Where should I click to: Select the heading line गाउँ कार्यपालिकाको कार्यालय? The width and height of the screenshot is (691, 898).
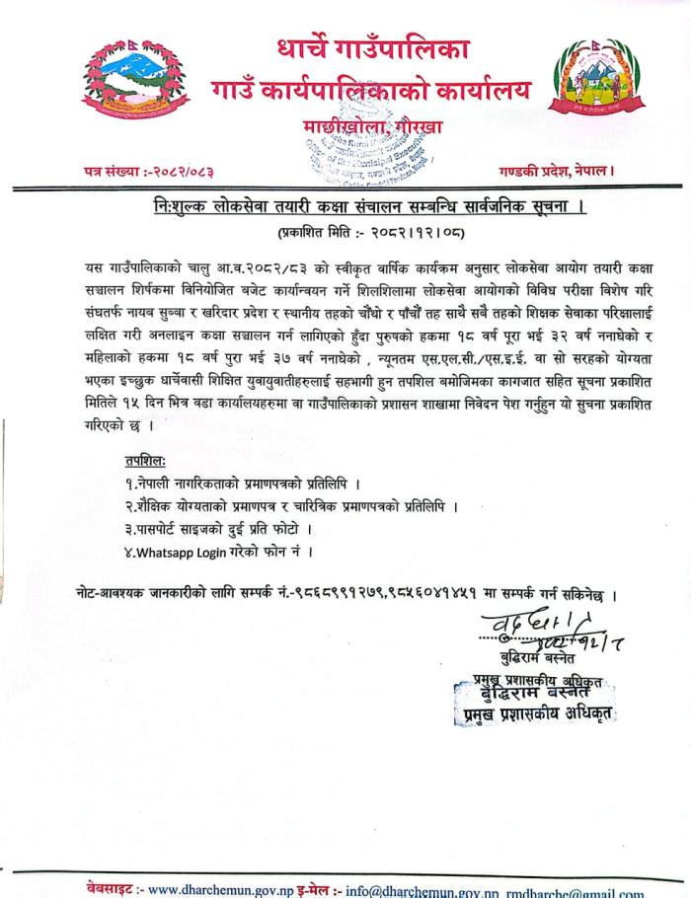pyautogui.click(x=369, y=92)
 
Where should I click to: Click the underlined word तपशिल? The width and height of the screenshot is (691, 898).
pyautogui.click(x=146, y=461)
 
